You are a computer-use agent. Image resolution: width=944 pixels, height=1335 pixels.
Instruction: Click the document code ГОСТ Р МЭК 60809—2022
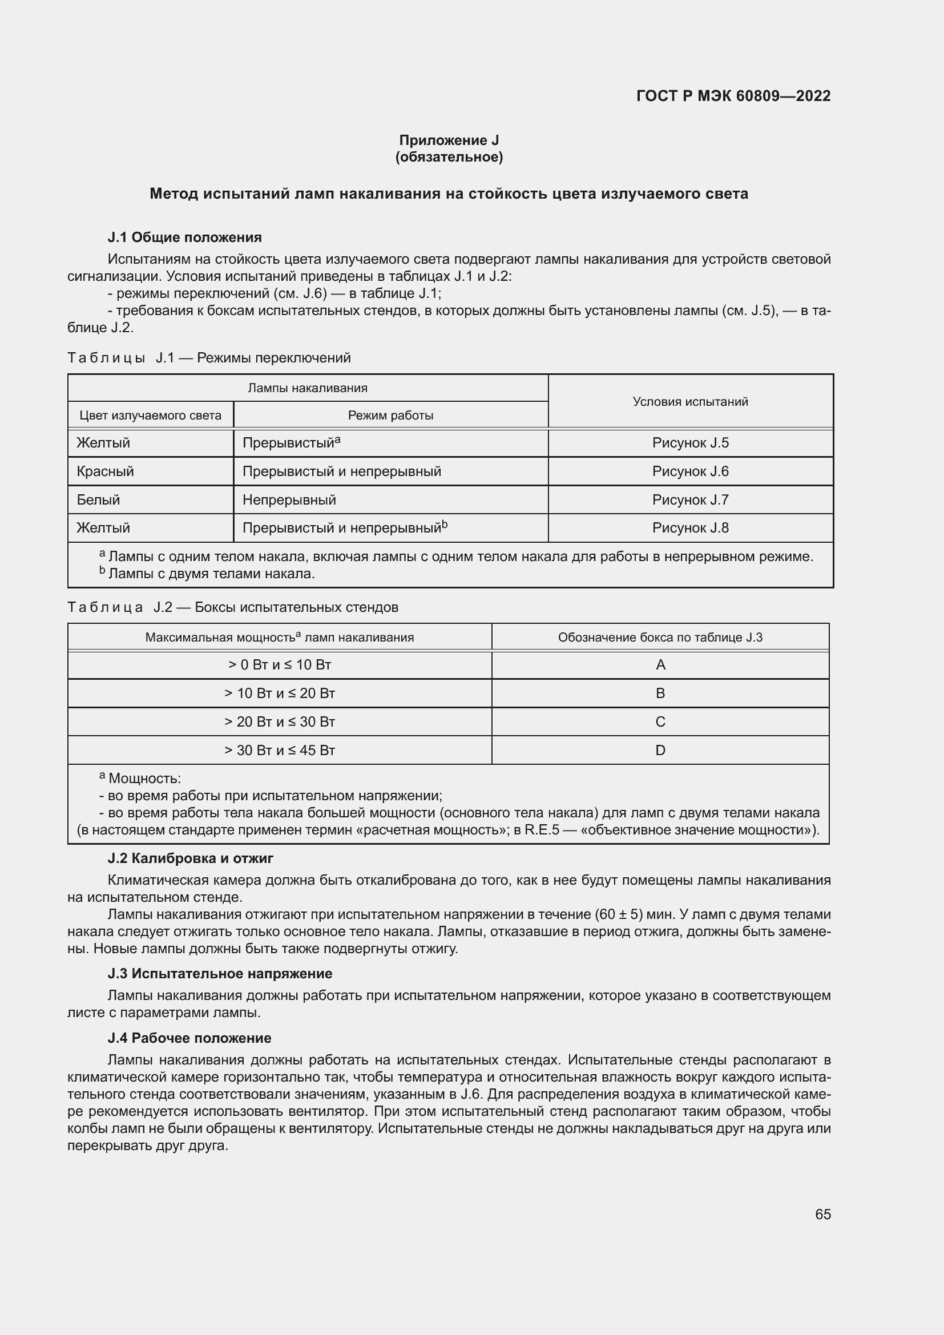[733, 96]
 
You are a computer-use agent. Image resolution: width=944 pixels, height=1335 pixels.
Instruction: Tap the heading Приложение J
[449, 140]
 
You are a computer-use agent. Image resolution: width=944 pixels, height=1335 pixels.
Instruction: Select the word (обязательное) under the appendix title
[449, 157]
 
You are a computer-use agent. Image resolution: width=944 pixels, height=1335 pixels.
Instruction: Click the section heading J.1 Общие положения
[184, 237]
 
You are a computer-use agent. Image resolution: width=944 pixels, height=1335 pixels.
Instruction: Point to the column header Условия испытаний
[690, 402]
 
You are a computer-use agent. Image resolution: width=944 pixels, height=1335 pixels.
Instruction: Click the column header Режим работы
[390, 415]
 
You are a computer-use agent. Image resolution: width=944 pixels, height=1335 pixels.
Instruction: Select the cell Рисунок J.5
[690, 443]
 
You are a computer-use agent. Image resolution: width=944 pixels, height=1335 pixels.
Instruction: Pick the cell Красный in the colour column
[105, 471]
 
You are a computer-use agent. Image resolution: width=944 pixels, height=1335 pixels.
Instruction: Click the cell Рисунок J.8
[690, 528]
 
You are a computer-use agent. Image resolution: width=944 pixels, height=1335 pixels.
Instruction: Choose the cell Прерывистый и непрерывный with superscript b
[345, 528]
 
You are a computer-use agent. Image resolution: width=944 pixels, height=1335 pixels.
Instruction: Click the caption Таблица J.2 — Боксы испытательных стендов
[232, 608]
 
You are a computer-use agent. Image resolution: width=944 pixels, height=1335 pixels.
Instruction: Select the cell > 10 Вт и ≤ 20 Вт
[280, 693]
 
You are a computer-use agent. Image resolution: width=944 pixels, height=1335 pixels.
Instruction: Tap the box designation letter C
[660, 721]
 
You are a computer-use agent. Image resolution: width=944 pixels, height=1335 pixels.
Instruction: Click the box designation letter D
[660, 750]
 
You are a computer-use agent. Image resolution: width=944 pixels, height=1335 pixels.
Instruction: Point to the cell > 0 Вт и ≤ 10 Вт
[280, 664]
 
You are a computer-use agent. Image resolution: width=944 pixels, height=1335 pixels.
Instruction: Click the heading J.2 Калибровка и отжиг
[190, 858]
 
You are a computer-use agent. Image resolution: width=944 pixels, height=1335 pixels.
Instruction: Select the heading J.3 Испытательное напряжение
[220, 973]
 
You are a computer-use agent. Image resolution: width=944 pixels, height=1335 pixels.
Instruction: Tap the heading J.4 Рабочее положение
[189, 1038]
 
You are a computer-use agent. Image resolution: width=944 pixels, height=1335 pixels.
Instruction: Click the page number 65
[822, 1214]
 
